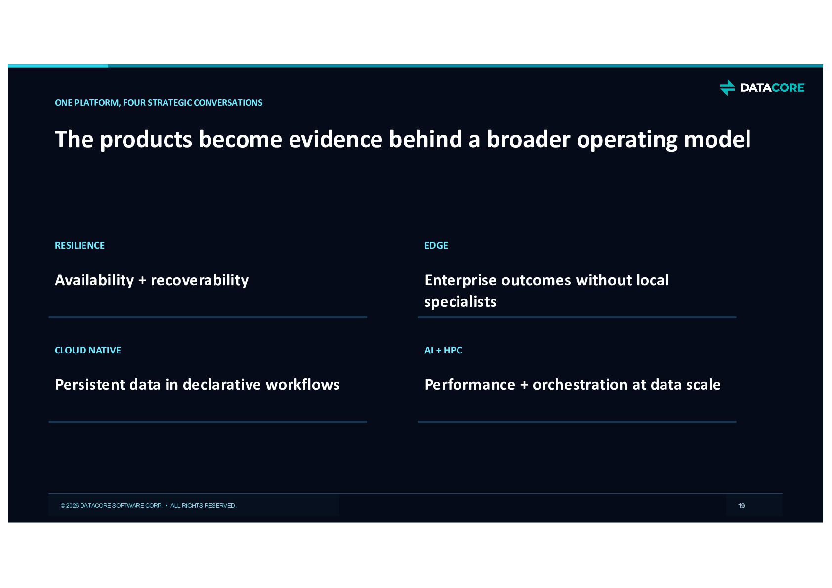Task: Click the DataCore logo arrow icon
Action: (x=727, y=87)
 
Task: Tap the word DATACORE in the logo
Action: (x=772, y=88)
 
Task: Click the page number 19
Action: (x=741, y=506)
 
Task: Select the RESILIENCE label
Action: (x=80, y=245)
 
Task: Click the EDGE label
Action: (x=436, y=245)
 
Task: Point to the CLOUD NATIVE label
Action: (x=88, y=350)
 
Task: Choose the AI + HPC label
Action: (x=443, y=350)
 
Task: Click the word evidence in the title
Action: (x=335, y=139)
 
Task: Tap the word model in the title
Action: (x=717, y=139)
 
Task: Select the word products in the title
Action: (x=146, y=140)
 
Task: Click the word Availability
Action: (x=94, y=280)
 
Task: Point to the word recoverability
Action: (x=200, y=280)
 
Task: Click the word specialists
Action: (x=460, y=302)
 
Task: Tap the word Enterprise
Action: (x=460, y=280)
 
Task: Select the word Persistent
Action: (x=90, y=385)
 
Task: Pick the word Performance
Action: (x=470, y=385)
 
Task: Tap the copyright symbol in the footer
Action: (x=63, y=506)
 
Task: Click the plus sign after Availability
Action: (x=142, y=281)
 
